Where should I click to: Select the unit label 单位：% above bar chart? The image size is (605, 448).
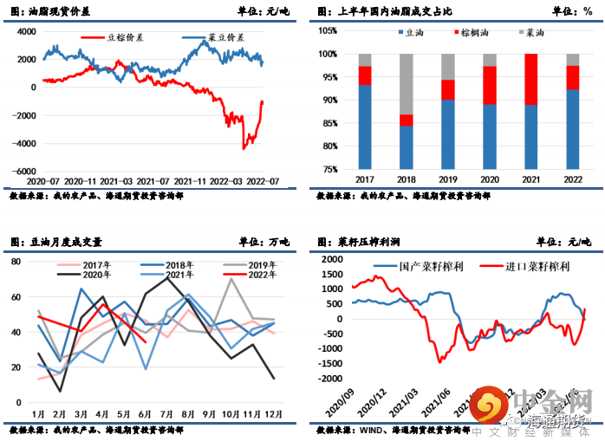point(572,11)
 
